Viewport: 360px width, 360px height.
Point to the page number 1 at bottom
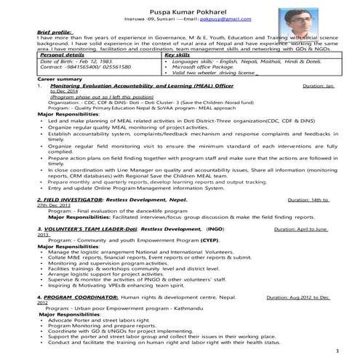(340, 351)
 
